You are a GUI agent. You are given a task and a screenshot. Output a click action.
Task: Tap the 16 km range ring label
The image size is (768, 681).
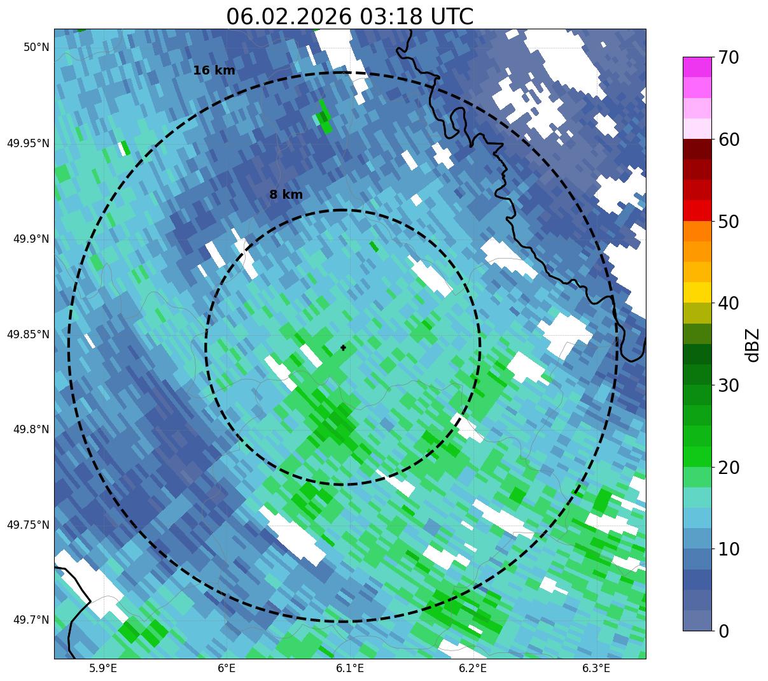pos(214,71)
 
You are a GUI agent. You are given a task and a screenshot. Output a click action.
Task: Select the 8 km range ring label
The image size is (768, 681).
pos(286,195)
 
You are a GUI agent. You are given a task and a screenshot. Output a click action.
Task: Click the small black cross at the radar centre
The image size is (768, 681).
pos(344,348)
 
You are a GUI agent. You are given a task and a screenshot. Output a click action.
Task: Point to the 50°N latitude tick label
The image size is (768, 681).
pos(36,47)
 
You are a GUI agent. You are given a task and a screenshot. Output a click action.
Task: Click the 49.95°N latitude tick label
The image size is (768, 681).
pos(28,143)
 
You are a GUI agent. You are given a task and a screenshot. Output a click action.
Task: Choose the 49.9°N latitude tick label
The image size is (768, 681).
pos(31,239)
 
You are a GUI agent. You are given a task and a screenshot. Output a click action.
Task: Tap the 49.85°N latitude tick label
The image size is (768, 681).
pos(28,334)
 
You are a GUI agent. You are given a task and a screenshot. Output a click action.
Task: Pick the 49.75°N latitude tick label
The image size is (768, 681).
pos(28,525)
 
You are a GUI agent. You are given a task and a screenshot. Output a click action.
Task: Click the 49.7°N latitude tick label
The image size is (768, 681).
pos(31,620)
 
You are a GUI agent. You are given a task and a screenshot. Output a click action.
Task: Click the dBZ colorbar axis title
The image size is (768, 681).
pos(753,345)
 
